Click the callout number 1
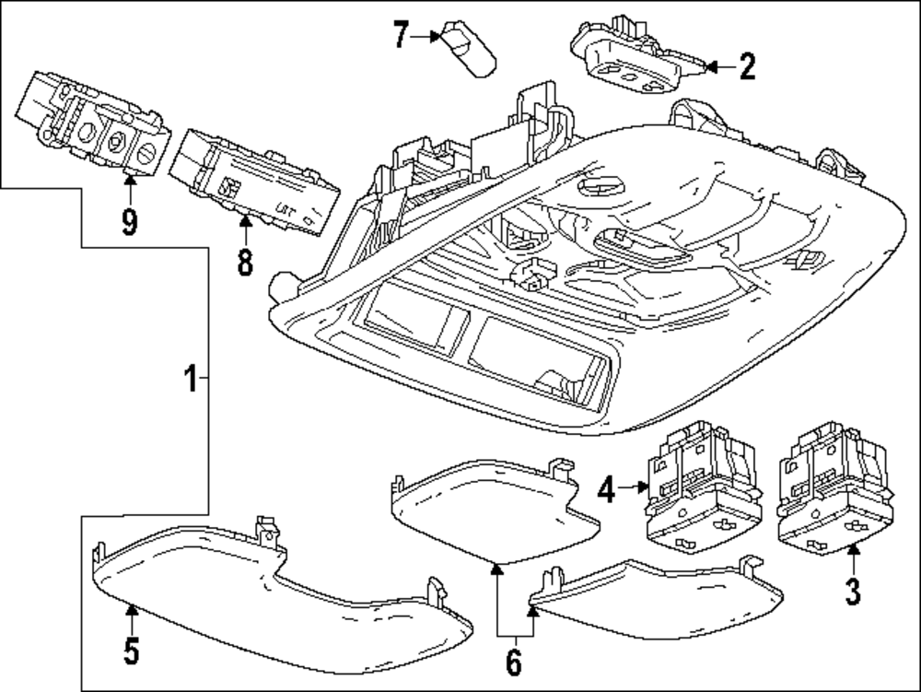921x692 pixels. (x=190, y=378)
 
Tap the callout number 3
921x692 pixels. (x=853, y=591)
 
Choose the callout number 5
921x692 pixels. (x=131, y=651)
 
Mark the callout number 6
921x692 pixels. (x=513, y=660)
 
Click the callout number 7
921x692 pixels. (x=400, y=36)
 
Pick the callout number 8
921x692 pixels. (x=244, y=261)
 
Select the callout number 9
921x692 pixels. (x=129, y=221)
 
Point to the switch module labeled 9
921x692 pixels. (x=92, y=120)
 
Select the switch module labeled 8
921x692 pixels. (x=253, y=180)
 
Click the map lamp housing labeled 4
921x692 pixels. (x=700, y=488)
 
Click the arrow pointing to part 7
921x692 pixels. (x=427, y=36)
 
